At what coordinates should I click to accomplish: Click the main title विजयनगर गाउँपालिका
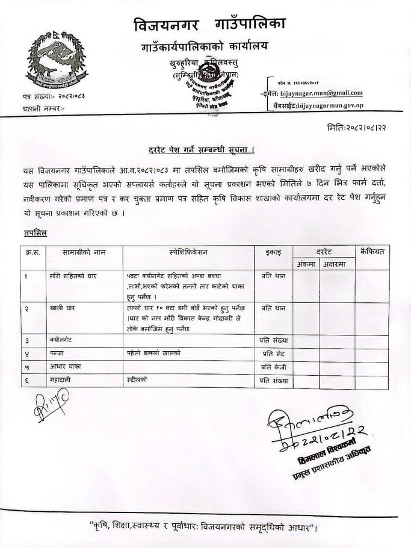coord(209,25)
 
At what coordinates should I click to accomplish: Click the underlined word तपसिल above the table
coord(36,232)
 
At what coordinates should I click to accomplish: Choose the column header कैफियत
coord(371,251)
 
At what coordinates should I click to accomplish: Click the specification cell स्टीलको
coord(137,379)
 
